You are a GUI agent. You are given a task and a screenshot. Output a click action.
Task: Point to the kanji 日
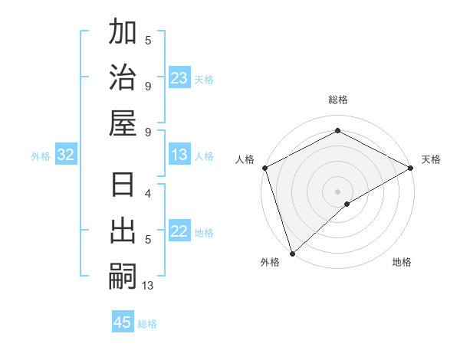pyautogui.click(x=123, y=186)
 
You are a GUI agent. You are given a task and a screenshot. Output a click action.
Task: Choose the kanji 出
pyautogui.click(x=123, y=231)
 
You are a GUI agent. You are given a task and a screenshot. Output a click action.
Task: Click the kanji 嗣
pyautogui.click(x=123, y=276)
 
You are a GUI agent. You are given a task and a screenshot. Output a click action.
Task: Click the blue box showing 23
pyautogui.click(x=179, y=78)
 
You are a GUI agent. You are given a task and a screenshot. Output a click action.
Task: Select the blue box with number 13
pyautogui.click(x=179, y=155)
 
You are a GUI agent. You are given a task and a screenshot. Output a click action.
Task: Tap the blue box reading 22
pyautogui.click(x=179, y=231)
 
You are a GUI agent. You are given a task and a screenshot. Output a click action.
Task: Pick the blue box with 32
pyautogui.click(x=66, y=155)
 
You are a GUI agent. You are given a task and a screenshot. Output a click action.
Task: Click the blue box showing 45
pyautogui.click(x=123, y=322)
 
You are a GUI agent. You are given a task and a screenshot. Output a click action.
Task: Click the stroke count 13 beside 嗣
pyautogui.click(x=148, y=286)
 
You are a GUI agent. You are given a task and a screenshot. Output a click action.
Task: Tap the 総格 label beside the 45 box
pyautogui.click(x=147, y=324)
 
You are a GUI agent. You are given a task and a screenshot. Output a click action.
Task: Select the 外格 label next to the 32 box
pyautogui.click(x=41, y=156)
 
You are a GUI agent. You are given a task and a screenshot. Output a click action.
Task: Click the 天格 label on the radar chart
pyautogui.click(x=431, y=159)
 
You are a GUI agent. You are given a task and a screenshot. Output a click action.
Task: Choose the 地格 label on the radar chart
pyautogui.click(x=402, y=263)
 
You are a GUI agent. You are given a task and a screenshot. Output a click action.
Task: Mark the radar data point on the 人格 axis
pyautogui.click(x=264, y=168)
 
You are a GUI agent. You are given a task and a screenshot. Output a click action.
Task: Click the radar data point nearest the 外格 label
pyautogui.click(x=292, y=253)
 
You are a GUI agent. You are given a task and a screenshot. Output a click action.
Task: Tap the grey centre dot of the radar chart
pyautogui.click(x=338, y=191)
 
